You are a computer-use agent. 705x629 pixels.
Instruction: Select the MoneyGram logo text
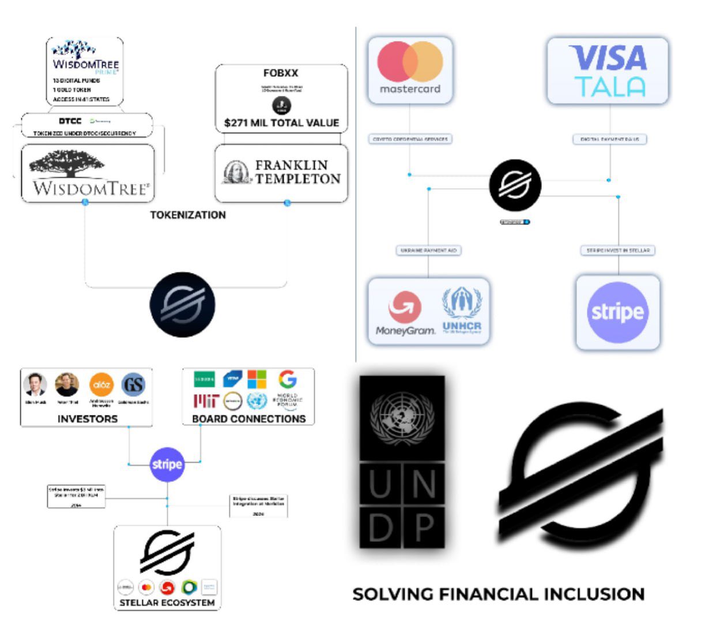pos(405,331)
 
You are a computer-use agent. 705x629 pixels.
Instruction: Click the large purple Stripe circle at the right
pos(617,312)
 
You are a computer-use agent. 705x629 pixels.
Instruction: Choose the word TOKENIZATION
pos(188,215)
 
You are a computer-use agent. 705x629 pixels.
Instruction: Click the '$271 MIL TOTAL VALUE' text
pos(281,123)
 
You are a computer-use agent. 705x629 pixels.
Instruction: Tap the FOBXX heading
pos(281,73)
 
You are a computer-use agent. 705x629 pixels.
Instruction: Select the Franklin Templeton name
pos(297,172)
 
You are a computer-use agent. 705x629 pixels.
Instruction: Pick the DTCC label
pos(70,121)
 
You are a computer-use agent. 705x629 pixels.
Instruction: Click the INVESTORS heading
pos(88,419)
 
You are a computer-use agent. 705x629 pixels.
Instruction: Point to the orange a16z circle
pos(101,384)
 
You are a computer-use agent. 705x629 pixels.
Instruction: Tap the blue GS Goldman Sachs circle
pos(133,384)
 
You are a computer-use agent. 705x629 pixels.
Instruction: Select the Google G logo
pos(287,379)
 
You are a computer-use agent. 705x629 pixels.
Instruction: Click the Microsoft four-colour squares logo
pos(257,379)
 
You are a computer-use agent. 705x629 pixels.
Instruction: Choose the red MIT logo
pos(205,400)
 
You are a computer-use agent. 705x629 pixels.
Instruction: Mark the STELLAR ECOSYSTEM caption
pos(167,603)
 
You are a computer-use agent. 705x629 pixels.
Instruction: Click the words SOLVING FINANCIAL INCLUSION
pos(498,594)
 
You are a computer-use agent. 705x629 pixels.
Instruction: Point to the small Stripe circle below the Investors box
pos(167,465)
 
